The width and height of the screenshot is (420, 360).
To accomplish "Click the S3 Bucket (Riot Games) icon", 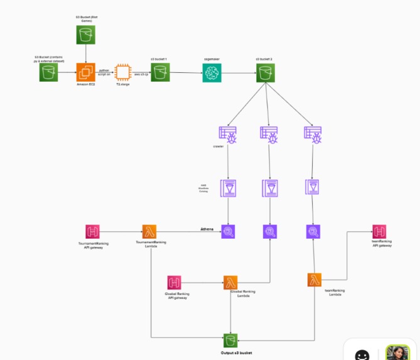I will (x=85, y=35).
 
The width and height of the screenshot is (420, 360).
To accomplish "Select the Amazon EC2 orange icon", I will (x=85, y=72).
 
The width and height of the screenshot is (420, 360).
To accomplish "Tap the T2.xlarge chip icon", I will (x=122, y=73).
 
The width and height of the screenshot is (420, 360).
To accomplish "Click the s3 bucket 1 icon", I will (x=160, y=72).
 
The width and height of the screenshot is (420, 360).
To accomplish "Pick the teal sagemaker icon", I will (x=213, y=73).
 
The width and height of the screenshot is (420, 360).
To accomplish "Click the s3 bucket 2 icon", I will (x=265, y=73).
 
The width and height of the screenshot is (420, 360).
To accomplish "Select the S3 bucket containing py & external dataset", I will (x=48, y=73).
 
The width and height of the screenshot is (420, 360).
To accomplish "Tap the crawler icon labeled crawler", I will (x=227, y=135).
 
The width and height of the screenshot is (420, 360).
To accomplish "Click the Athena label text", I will (x=207, y=229).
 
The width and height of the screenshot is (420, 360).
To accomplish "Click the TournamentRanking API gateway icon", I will (x=93, y=232).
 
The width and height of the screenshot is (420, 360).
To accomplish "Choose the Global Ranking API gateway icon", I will (x=175, y=283).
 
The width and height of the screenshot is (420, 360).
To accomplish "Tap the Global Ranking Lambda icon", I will (x=230, y=283).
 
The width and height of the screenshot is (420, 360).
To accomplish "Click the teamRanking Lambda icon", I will (x=315, y=280).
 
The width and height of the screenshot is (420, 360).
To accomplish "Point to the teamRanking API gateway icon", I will (x=379, y=231).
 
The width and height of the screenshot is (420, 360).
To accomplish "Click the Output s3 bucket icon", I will (x=232, y=341).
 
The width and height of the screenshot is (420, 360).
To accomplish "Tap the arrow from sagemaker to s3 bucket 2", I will (x=239, y=74).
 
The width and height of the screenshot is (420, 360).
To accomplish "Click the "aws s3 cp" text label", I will (x=141, y=74).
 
